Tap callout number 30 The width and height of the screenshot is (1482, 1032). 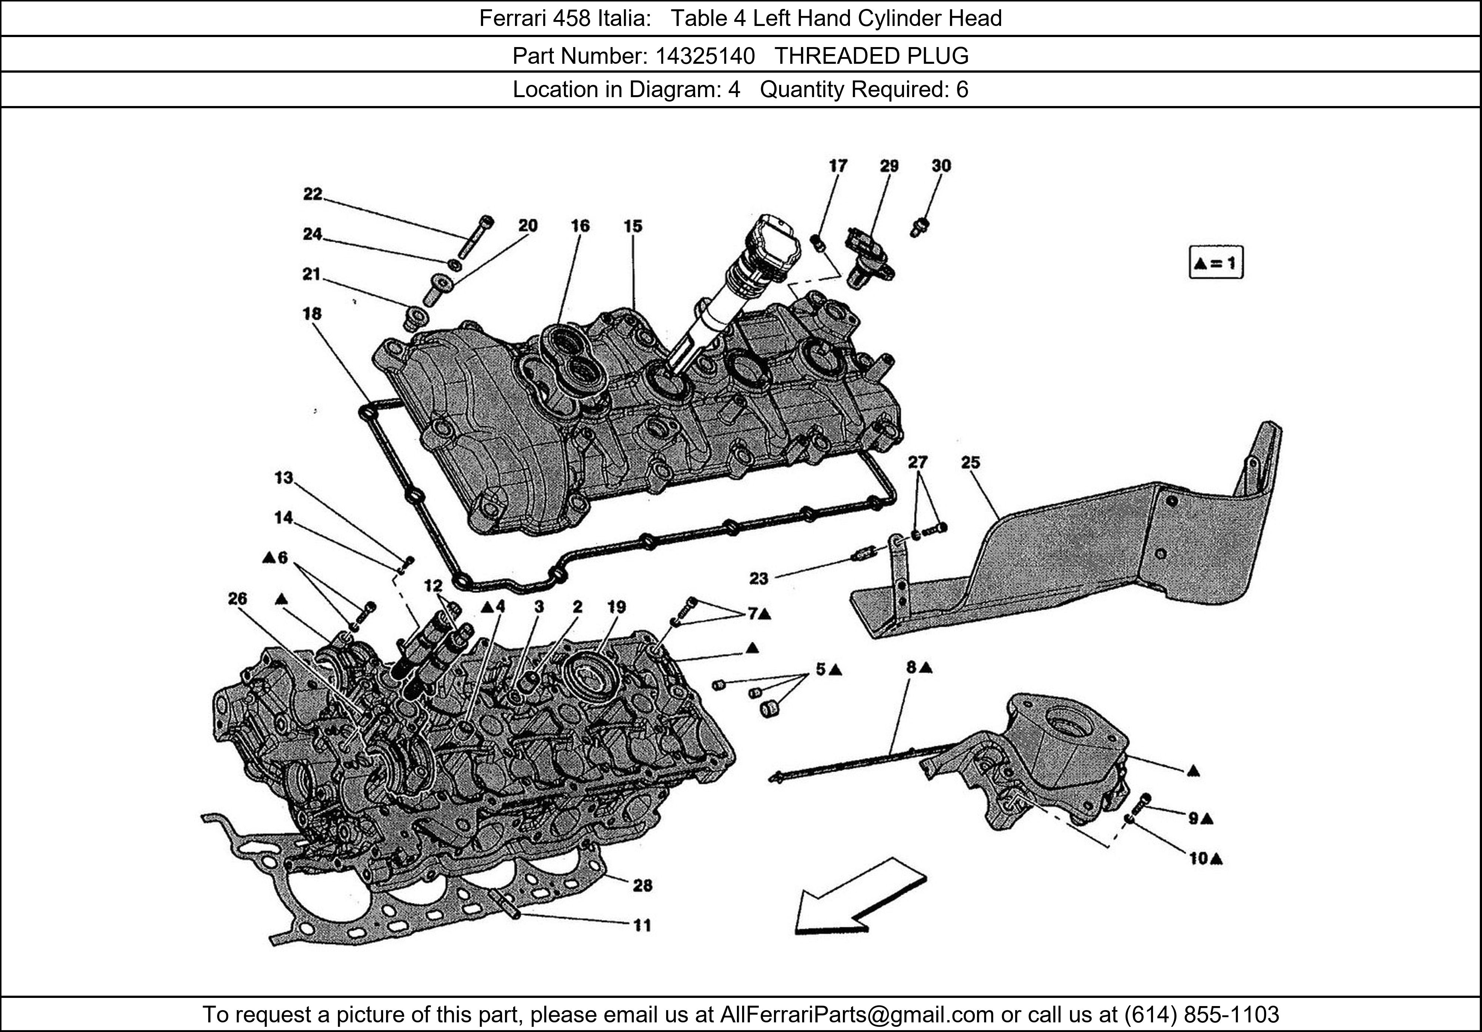pos(941,166)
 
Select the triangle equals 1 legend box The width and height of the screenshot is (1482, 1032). pos(1216,263)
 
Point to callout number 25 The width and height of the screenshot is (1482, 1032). pos(970,462)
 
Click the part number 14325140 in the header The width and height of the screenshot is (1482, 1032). pos(705,56)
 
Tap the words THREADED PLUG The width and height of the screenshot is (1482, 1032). pos(871,56)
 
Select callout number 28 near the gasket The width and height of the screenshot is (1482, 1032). pos(642,886)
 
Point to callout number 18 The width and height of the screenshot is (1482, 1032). pos(312,314)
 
